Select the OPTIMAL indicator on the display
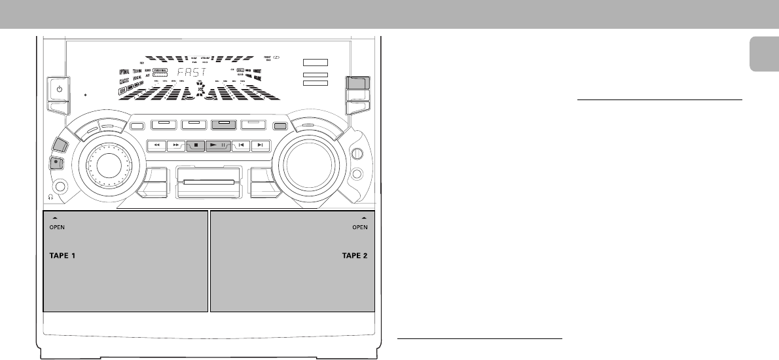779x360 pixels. [128, 71]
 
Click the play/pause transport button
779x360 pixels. [217, 145]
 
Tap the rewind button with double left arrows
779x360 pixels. [158, 145]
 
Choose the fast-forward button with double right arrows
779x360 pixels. [177, 145]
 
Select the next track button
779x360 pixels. [261, 145]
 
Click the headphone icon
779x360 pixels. [49, 196]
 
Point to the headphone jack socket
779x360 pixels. [62, 187]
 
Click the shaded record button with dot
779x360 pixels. [57, 164]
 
